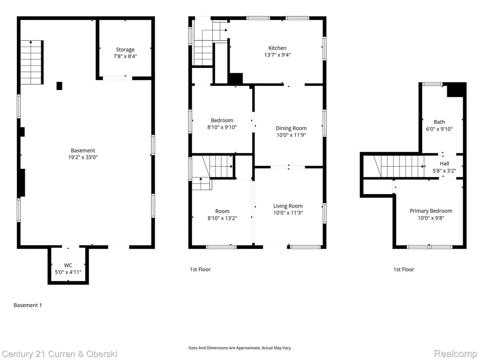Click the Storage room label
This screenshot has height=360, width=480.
click(x=125, y=50)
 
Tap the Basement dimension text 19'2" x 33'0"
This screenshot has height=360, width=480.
click(x=82, y=157)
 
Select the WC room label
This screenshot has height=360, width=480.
click(x=68, y=265)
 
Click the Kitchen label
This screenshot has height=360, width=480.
click(x=277, y=48)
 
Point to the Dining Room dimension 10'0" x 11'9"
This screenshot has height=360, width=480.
click(x=291, y=135)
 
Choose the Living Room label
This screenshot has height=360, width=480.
click(x=288, y=206)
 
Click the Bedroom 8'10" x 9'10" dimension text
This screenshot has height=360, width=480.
click(x=222, y=127)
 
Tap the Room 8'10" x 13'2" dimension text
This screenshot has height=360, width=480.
click(x=222, y=218)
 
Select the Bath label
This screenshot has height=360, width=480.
click(x=439, y=122)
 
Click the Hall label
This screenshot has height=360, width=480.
click(x=444, y=164)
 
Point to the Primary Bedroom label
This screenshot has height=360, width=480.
click(x=431, y=211)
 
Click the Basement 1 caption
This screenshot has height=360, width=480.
click(x=28, y=305)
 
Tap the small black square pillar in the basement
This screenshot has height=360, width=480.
click(x=60, y=86)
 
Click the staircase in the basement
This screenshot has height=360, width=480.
click(x=31, y=62)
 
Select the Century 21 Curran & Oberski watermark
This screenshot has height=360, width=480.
click(x=60, y=354)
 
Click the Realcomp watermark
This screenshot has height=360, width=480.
click(x=456, y=354)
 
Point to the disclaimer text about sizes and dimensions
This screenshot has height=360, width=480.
click(x=240, y=348)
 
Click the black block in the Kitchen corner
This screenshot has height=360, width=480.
click(x=236, y=78)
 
